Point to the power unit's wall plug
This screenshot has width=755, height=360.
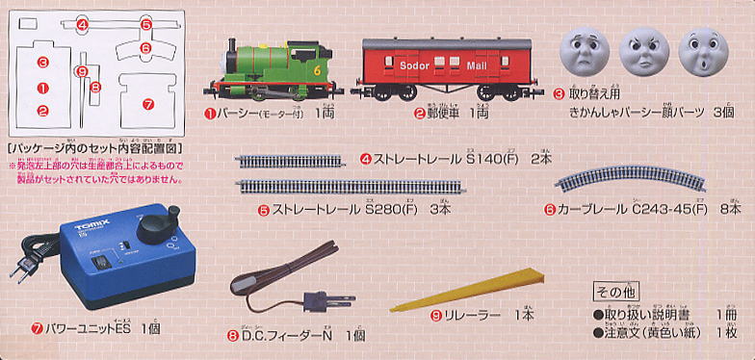click(20, 268)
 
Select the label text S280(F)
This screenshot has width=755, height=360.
click(391, 208)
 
